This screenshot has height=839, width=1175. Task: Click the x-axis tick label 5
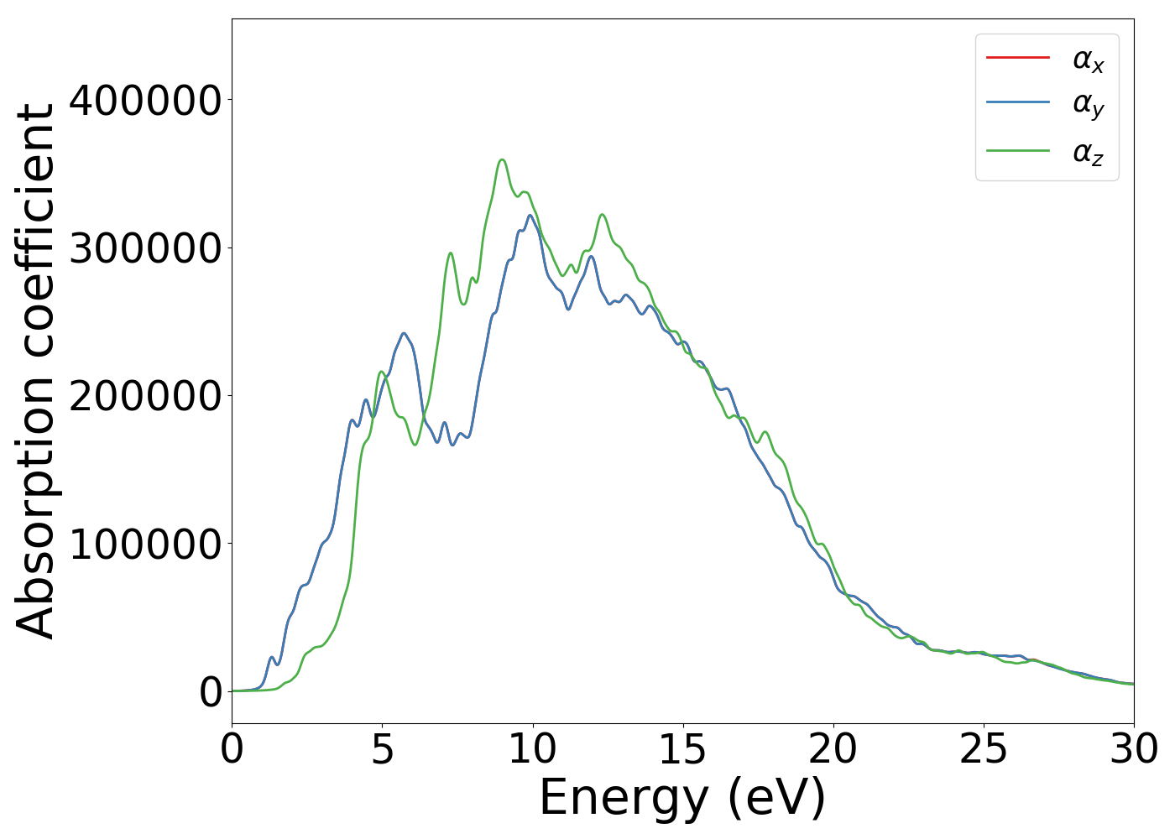[382, 750]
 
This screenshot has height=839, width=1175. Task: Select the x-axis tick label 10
[532, 750]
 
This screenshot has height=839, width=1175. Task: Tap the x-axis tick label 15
[682, 750]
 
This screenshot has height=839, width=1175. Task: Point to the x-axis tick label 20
[833, 750]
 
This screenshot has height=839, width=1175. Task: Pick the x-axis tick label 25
[983, 750]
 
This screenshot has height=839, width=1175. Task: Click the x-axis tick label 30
[1133, 750]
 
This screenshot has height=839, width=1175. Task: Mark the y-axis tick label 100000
[145, 544]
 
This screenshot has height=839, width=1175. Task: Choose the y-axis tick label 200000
[145, 396]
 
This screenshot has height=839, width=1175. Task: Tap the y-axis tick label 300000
[145, 248]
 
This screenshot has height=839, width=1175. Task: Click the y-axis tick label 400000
[145, 101]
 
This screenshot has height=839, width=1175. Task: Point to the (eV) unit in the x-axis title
[776, 798]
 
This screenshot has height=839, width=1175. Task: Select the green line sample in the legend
[1017, 151]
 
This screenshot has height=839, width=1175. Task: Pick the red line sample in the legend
[1017, 57]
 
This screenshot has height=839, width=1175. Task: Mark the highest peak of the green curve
[502, 159]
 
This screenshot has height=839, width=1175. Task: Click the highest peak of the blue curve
[530, 215]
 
